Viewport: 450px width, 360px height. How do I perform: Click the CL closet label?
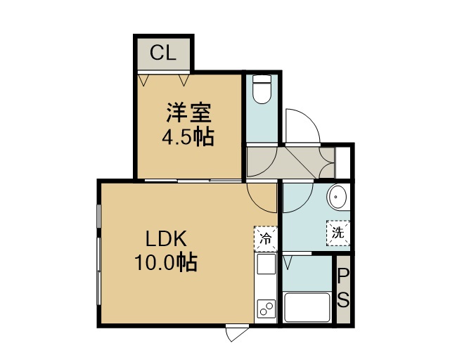click(x=162, y=53)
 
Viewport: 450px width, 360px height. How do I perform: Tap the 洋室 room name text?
click(x=188, y=112)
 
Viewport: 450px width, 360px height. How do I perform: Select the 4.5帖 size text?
click(x=188, y=136)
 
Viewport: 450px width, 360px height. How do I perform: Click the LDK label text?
click(x=166, y=239)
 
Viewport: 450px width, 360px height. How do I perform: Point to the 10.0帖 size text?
click(x=166, y=262)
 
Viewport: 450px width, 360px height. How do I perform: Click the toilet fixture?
click(x=262, y=89)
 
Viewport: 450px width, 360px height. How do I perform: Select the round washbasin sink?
click(x=337, y=197)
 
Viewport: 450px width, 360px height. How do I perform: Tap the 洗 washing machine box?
click(x=338, y=233)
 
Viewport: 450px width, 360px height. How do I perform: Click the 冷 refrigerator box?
click(x=266, y=238)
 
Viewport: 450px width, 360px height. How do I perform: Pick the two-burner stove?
click(x=266, y=309)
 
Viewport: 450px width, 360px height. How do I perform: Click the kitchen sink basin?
click(x=266, y=264)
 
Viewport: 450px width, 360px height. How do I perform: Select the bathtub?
click(x=307, y=307)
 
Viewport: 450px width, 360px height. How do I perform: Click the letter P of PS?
click(x=343, y=277)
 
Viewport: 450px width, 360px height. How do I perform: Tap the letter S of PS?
click(x=343, y=300)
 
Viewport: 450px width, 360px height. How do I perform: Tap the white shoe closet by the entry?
click(x=342, y=162)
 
